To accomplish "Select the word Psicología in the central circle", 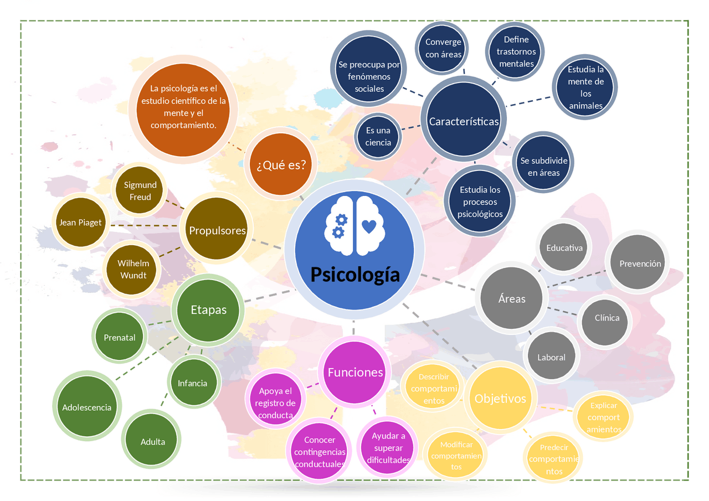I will click(x=354, y=274).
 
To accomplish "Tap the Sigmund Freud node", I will click(x=140, y=191).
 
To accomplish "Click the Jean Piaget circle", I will click(x=80, y=223).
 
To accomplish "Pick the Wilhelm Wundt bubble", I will click(x=133, y=269).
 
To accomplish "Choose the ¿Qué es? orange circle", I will click(x=281, y=164).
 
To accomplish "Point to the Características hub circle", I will click(x=464, y=122).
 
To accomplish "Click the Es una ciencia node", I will click(x=378, y=136).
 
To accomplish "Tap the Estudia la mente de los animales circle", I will click(x=585, y=87).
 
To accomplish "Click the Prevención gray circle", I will click(x=640, y=264).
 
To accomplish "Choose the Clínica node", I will click(x=607, y=318).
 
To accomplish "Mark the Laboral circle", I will click(x=551, y=357).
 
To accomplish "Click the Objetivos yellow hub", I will click(x=500, y=399).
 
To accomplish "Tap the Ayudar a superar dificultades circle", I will click(x=388, y=448).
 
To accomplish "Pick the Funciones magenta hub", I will click(x=355, y=373).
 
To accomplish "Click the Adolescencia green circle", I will click(x=86, y=407).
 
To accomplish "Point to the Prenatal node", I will click(x=120, y=338).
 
